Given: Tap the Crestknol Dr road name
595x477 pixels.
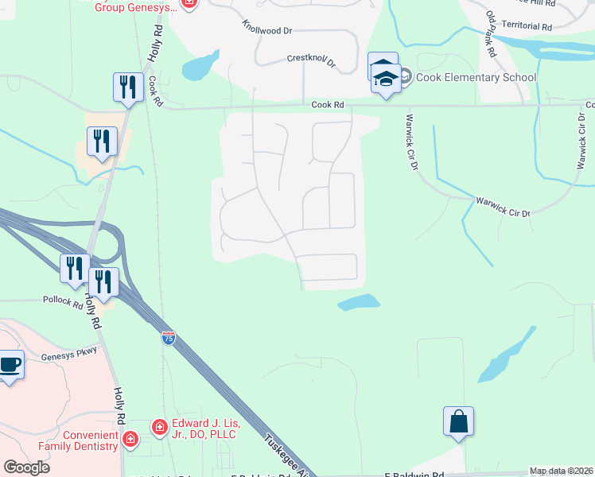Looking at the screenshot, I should click(311, 60).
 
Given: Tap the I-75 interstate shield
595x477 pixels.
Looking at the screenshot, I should click(168, 338).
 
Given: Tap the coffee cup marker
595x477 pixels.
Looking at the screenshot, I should click(10, 365).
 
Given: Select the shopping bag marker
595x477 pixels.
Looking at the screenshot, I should click(459, 421).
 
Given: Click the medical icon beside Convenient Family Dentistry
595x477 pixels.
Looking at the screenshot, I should click(130, 438).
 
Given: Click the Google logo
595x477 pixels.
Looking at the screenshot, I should click(26, 467).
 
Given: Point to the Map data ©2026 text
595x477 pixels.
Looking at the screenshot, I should click(561, 471).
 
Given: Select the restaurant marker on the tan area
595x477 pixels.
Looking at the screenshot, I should click(102, 141).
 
